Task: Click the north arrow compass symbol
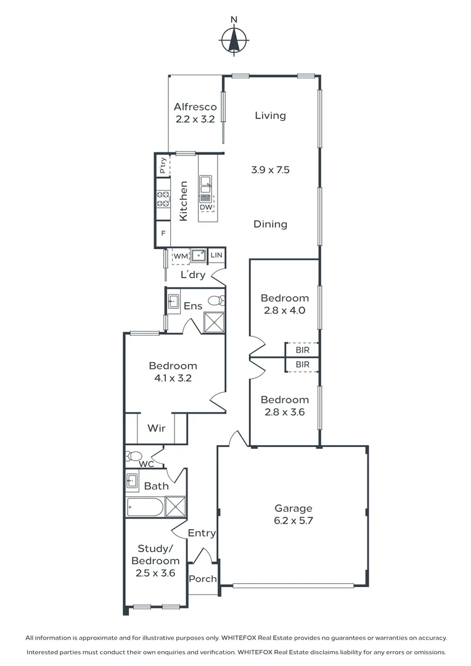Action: (x=234, y=40)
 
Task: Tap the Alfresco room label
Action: (x=195, y=107)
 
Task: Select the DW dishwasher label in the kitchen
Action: (x=206, y=207)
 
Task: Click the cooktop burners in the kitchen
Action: (x=163, y=199)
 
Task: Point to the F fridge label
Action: (x=163, y=234)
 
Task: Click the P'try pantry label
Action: (x=163, y=166)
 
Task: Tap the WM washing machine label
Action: (x=181, y=256)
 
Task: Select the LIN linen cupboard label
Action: (x=216, y=255)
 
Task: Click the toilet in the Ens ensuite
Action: (x=216, y=301)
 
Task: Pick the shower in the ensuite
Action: (x=214, y=323)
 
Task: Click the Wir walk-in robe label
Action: (x=157, y=428)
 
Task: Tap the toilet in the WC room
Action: (x=133, y=456)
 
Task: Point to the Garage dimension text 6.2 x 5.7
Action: (x=293, y=520)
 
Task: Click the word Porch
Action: (x=203, y=578)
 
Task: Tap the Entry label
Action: (x=202, y=533)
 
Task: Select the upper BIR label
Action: (x=303, y=350)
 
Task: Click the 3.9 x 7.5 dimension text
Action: (x=270, y=170)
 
